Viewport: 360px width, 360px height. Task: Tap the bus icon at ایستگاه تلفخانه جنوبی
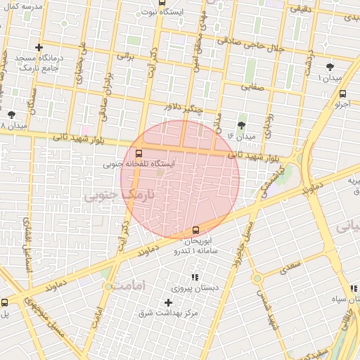point(138,152)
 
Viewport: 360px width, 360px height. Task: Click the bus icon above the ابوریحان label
point(195,229)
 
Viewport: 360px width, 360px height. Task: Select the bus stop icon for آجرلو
point(342,94)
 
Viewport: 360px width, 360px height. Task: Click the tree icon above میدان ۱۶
point(242,124)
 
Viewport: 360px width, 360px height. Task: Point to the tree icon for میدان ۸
point(11,114)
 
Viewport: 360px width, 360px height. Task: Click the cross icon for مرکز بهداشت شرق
point(167,302)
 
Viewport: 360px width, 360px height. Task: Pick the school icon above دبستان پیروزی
point(194,278)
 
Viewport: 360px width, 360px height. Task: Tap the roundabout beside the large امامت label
point(108,286)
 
